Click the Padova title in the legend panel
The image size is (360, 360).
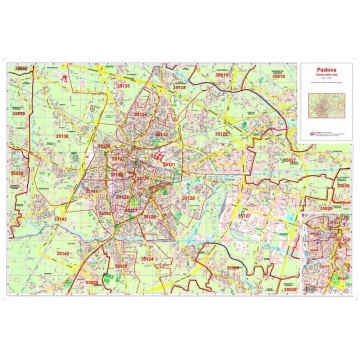coord(326,70)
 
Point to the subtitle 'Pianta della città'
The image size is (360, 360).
coord(326,77)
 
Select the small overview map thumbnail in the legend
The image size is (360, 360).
coord(326,101)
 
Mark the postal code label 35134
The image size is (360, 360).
coord(141,114)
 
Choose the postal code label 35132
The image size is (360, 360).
coord(161,133)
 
